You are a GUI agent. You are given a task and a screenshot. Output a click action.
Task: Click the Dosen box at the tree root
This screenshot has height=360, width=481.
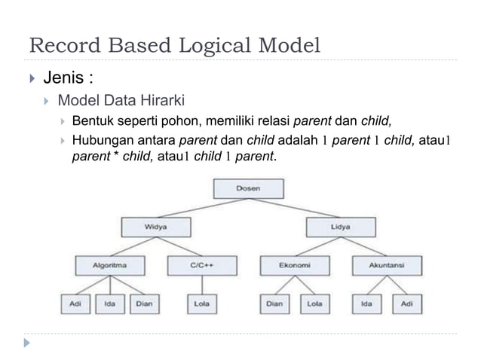click(x=248, y=188)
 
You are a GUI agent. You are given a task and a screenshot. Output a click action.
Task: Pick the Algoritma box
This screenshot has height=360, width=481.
click(x=110, y=266)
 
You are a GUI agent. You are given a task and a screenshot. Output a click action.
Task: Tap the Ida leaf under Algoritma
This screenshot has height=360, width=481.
click(x=110, y=304)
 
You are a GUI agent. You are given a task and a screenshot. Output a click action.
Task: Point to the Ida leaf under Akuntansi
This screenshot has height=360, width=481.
click(x=367, y=304)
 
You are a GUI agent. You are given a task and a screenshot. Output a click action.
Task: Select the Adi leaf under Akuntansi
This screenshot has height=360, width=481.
click(x=406, y=304)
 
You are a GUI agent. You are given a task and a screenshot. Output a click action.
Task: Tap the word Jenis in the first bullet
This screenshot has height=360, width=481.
click(x=61, y=78)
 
